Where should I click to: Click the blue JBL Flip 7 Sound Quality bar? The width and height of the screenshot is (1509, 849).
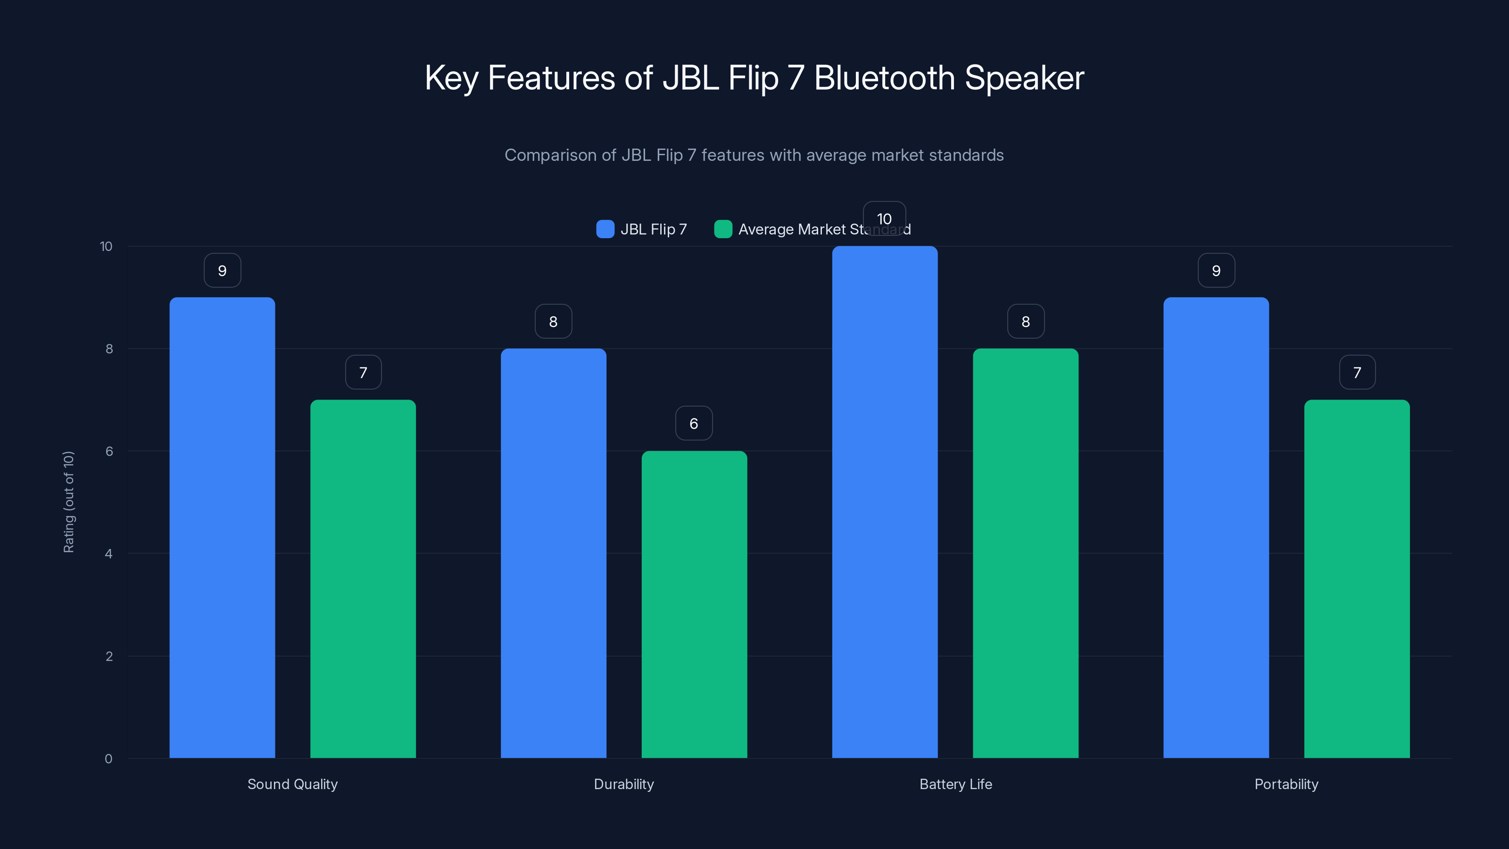tap(222, 527)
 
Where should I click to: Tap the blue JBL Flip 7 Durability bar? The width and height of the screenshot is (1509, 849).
tap(553, 553)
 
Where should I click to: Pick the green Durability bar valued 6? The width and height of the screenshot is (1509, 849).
tap(694, 604)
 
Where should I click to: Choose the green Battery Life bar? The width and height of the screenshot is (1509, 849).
tap(1025, 553)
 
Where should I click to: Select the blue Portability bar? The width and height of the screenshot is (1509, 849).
tap(1216, 527)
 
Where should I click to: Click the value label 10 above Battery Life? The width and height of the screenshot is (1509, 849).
tap(884, 218)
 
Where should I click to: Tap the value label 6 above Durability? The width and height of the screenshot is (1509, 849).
tap(694, 423)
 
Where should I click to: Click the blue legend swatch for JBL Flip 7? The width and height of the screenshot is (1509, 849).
tap(605, 229)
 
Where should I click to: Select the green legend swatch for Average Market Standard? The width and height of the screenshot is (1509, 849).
tap(723, 229)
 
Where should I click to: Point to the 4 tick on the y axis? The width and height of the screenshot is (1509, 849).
tap(109, 554)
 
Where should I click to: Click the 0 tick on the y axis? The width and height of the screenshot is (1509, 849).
tap(109, 759)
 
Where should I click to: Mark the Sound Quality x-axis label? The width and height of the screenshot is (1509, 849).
tap(292, 784)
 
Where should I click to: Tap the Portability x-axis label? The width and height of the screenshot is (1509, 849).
tap(1286, 784)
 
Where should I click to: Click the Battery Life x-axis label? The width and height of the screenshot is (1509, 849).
tap(955, 784)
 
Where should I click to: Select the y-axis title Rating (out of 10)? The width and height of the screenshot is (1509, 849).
tap(68, 502)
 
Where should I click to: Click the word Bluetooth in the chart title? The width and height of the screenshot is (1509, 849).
tap(885, 78)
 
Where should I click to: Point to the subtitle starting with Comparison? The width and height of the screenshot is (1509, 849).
tap(754, 155)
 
